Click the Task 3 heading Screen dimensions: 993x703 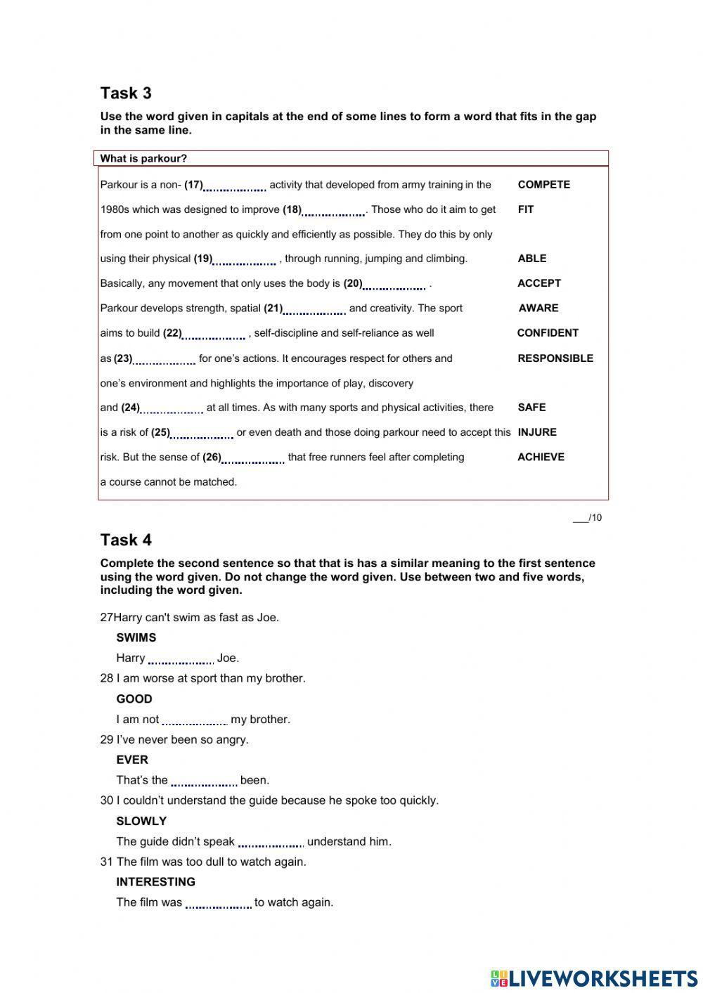[x=126, y=93]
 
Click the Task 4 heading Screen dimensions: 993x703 [x=126, y=540]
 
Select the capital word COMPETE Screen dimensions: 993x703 [x=543, y=185]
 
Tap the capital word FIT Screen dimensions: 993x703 [x=525, y=209]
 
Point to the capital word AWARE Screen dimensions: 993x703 [x=538, y=308]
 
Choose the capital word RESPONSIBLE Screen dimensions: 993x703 [x=555, y=358]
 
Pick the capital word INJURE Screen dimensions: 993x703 [x=536, y=432]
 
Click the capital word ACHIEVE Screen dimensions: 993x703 [x=541, y=457]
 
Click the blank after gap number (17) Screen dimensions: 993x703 [x=234, y=186]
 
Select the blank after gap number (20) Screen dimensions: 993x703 [x=394, y=285]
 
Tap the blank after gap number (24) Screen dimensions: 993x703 [x=172, y=408]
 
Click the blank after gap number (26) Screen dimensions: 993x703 [x=253, y=458]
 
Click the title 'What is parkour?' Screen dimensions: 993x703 [x=143, y=159]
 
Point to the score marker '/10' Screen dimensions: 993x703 [x=588, y=518]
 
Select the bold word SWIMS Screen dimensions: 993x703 [x=136, y=637]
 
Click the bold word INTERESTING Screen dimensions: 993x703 [x=155, y=881]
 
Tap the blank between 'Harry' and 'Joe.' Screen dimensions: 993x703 [x=181, y=659]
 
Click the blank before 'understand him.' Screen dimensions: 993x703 [x=271, y=843]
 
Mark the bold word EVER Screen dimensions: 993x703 [x=132, y=760]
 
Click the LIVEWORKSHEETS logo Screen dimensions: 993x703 [x=594, y=978]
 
